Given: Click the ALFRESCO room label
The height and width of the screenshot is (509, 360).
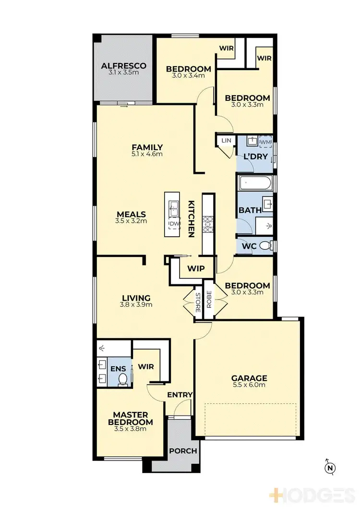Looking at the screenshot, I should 123,66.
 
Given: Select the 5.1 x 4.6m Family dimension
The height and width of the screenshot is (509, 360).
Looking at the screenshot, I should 147,154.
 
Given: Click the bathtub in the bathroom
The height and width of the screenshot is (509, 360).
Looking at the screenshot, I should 255,183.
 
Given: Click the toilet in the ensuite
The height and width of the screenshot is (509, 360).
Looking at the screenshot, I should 122,379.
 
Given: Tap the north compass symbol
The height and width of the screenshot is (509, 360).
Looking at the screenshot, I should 330,466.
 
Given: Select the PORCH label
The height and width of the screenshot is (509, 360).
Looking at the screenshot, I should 183,451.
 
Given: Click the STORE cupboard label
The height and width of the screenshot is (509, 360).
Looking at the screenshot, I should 197,301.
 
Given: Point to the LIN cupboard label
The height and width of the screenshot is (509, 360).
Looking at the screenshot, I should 225,140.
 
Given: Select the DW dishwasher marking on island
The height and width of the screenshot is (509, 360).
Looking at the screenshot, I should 172,224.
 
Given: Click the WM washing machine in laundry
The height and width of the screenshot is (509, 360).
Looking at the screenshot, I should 265,142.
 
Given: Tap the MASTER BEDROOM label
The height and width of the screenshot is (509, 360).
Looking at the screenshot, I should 133,418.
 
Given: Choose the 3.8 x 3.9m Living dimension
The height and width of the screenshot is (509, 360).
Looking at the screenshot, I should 136,304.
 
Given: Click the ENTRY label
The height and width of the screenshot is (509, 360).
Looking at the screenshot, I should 180,395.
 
